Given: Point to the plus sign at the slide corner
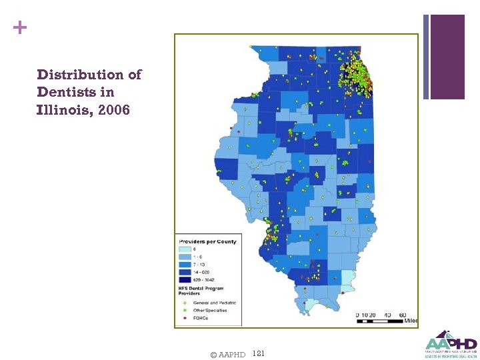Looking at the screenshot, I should [21, 28].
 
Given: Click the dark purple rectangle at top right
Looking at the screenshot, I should [447, 57].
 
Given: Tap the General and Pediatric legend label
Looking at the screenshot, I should [215, 303].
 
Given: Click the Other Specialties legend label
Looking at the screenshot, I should [210, 310].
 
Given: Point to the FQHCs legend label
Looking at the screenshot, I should [200, 318].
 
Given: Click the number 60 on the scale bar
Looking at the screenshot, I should [403, 315].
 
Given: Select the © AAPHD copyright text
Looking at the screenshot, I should [227, 354].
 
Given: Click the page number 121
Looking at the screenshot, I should [259, 353].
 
